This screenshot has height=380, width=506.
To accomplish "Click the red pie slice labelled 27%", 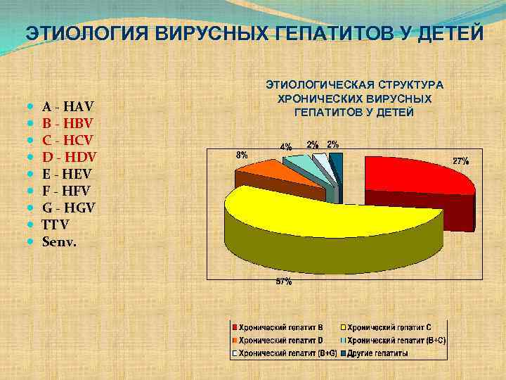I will pyautogui.click(x=415, y=176).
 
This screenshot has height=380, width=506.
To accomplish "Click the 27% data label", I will pyautogui.click(x=460, y=161).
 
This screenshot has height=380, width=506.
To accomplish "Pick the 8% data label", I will pyautogui.click(x=241, y=154).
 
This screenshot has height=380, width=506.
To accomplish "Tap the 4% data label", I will pyautogui.click(x=286, y=147).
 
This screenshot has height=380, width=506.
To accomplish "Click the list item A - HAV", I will pyautogui.click(x=67, y=108).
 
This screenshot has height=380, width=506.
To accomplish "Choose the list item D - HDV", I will pyautogui.click(x=69, y=157).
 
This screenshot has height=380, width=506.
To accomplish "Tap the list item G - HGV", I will pyautogui.click(x=69, y=208).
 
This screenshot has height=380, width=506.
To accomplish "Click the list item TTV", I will pyautogui.click(x=56, y=224).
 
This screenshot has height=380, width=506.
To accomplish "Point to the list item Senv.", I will pyautogui.click(x=60, y=241).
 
